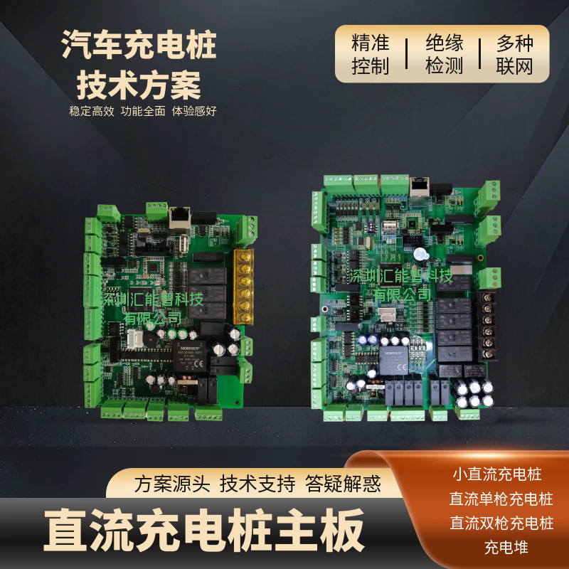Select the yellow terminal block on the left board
(x=245, y=286)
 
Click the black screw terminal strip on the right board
(x=488, y=324)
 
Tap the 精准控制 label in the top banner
(x=371, y=54)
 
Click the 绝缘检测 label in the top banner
(x=445, y=54)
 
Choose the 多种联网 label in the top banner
(x=514, y=54)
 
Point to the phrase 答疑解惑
(x=343, y=484)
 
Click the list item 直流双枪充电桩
(x=501, y=523)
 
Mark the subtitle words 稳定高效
(x=91, y=112)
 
